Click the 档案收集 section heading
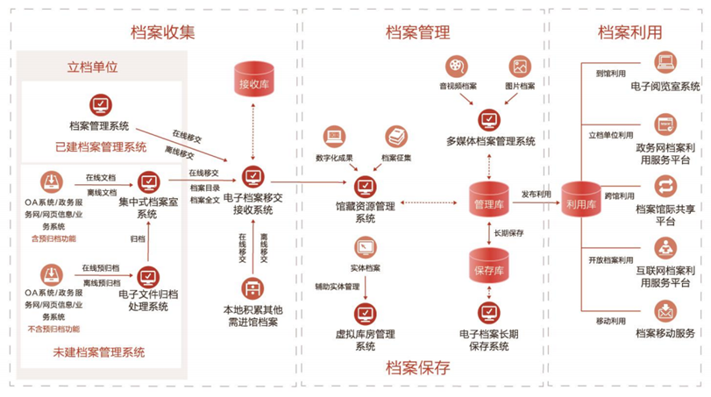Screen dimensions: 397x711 [163, 33]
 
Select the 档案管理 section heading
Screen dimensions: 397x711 [418, 33]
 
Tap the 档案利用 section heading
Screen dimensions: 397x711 [629, 33]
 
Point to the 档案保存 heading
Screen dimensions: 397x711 [418, 368]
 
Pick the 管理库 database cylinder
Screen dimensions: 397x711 [488, 202]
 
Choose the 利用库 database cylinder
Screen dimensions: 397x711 [581, 202]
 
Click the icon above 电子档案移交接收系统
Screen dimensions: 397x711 [253, 178]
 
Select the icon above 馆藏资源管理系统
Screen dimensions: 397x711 [365, 186]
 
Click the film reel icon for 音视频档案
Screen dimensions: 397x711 [457, 66]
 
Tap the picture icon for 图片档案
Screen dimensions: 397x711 [520, 66]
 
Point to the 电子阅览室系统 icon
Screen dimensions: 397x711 [665, 64]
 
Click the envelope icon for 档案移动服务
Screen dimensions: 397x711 [665, 311]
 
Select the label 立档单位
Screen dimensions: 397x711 [92, 67]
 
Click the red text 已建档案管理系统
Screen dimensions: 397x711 [101, 146]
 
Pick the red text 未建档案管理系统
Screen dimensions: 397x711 [99, 352]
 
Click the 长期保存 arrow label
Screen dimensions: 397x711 [508, 234]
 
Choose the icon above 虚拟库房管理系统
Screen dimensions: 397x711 [365, 312]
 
